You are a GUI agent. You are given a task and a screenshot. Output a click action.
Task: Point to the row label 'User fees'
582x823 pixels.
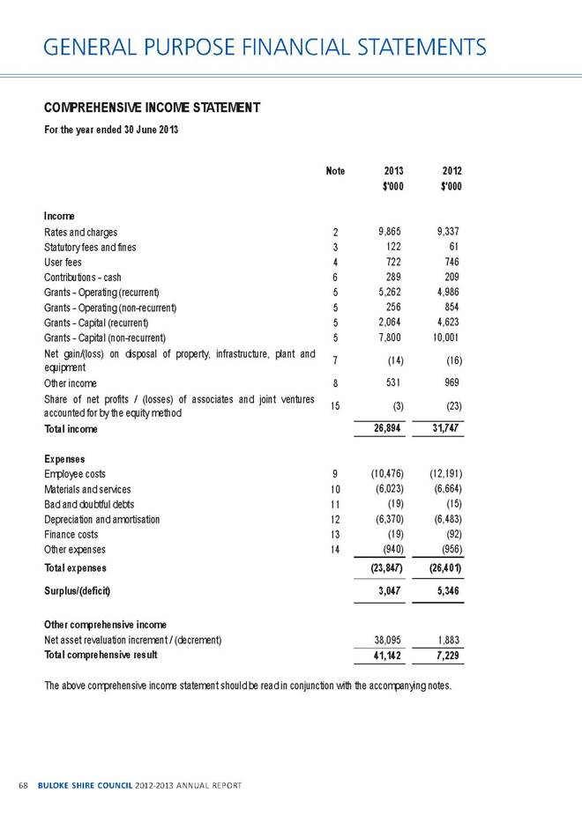pos(64,263)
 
